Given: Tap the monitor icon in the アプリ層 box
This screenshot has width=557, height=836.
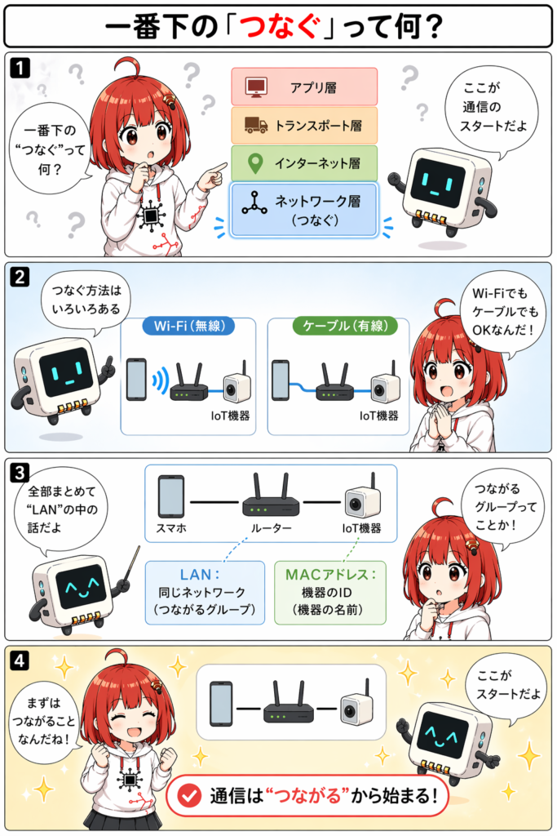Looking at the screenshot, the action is pyautogui.click(x=256, y=87).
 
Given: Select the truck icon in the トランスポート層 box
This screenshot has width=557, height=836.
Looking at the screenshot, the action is pyautogui.click(x=255, y=125).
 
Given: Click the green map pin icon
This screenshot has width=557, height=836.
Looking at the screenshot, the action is pyautogui.click(x=255, y=163).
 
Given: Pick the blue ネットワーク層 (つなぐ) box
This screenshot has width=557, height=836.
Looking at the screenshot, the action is pyautogui.click(x=304, y=209).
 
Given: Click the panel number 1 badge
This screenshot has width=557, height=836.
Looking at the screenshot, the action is pyautogui.click(x=20, y=68).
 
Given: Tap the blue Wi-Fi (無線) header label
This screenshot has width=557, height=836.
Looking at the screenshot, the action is pyautogui.click(x=188, y=326).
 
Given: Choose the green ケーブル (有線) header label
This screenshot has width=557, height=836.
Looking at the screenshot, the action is pyautogui.click(x=345, y=326).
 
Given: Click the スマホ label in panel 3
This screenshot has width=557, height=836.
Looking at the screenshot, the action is pyautogui.click(x=171, y=528).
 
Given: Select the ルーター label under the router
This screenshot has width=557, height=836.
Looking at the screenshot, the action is pyautogui.click(x=271, y=528).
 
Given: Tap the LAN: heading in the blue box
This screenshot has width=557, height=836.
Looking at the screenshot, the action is pyautogui.click(x=200, y=574).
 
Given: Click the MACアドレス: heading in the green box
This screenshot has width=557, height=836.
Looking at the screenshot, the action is pyautogui.click(x=330, y=574).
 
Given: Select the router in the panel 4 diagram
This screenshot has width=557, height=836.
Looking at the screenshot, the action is pyautogui.click(x=288, y=703).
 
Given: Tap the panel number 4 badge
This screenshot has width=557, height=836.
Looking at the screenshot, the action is pyautogui.click(x=20, y=660).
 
